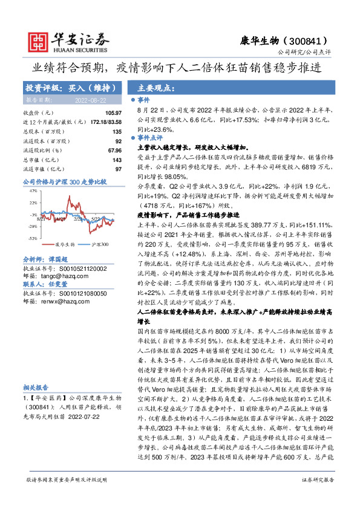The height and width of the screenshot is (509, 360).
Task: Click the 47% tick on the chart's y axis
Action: click(x=33, y=190)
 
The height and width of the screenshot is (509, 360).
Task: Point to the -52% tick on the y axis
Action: click(x=33, y=238)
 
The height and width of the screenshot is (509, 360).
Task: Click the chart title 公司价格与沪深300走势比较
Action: click(x=64, y=181)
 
